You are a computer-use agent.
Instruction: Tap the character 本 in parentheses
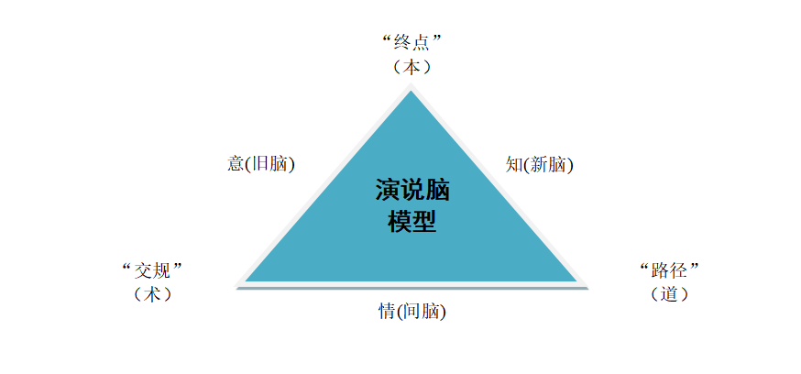coord(411,67)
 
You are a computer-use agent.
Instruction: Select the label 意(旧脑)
coord(261,164)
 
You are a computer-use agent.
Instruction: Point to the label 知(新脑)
coord(540,164)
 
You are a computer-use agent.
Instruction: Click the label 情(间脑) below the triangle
coord(412,311)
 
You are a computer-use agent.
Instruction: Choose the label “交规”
coord(152,270)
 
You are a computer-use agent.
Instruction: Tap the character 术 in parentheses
coord(152,294)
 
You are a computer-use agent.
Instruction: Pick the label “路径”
coord(669,270)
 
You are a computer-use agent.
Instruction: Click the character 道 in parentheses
coord(669,294)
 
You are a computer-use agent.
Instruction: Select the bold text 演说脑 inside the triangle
coord(412,190)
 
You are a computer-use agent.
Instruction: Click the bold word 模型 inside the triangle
coord(412,222)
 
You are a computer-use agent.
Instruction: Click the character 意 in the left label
coord(236,164)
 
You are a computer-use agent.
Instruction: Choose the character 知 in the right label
coord(514,164)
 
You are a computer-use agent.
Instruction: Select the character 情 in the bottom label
coord(387,311)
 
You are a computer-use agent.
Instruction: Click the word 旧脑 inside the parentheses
coord(269,164)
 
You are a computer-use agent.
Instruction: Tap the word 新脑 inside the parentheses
coord(548,164)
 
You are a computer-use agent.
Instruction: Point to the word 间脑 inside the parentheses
coord(421,311)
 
